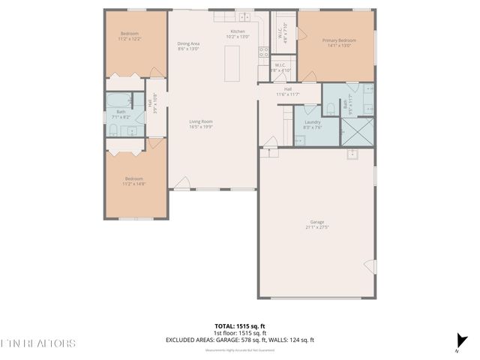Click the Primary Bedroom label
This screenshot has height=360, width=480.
pyautogui.click(x=339, y=40)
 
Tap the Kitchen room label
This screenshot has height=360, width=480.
pyautogui.click(x=238, y=31)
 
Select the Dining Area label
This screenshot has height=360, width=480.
pyautogui.click(x=188, y=44)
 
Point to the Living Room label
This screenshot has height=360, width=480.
pyautogui.click(x=200, y=121)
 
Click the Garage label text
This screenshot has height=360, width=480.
pyautogui.click(x=317, y=221)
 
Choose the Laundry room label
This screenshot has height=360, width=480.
pyautogui.click(x=313, y=123)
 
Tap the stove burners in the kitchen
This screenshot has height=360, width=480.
pyautogui.click(x=263, y=52)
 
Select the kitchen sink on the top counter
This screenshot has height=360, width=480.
pyautogui.click(x=243, y=16)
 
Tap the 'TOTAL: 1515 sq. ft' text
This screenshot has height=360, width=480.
pyautogui.click(x=240, y=326)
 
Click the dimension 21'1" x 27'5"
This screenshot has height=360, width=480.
pyautogui.click(x=317, y=226)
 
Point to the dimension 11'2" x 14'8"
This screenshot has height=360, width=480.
pyautogui.click(x=133, y=184)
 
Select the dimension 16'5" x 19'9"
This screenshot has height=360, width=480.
pyautogui.click(x=200, y=127)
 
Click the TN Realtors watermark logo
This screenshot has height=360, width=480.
pyautogui.click(x=37, y=343)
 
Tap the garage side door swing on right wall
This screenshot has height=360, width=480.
pyautogui.click(x=367, y=266)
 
